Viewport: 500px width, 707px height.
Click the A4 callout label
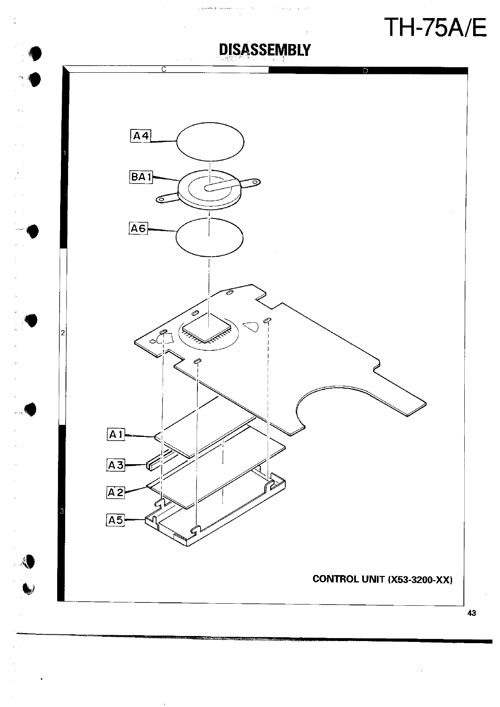[141, 136]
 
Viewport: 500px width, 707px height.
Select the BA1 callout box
[141, 177]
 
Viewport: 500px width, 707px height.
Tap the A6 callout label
[138, 229]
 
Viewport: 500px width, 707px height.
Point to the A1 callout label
[116, 434]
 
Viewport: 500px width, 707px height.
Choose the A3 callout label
[116, 465]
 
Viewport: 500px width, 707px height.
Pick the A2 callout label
[116, 492]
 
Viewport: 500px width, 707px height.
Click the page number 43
[471, 613]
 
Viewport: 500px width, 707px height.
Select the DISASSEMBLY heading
[265, 50]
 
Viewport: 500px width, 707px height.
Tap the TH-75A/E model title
[436, 28]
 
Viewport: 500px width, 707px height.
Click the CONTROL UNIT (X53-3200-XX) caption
[382, 579]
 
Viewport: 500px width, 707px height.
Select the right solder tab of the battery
[251, 182]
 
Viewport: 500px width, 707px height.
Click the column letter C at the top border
[165, 69]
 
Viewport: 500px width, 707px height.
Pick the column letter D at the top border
[365, 70]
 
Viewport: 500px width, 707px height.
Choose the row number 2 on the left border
[63, 333]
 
